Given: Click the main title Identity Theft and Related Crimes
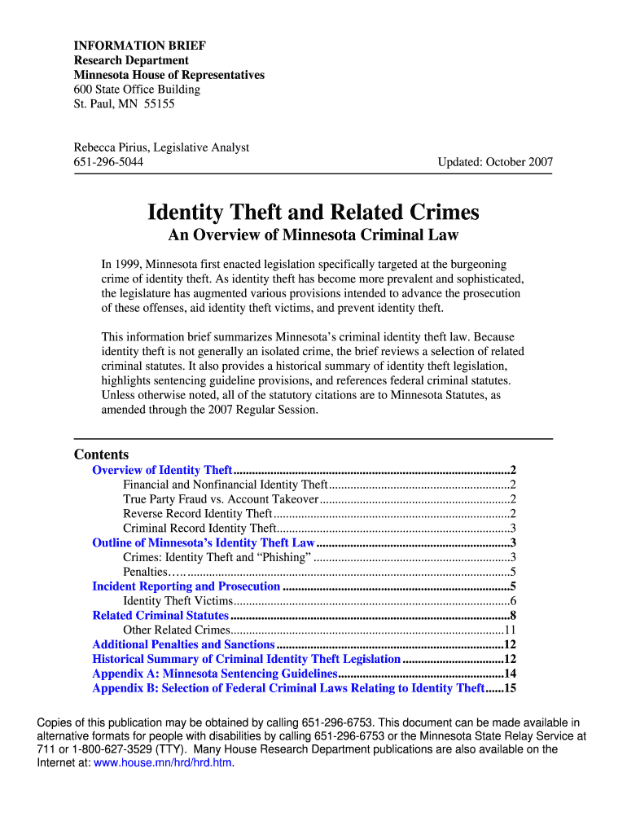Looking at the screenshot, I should click(313, 213).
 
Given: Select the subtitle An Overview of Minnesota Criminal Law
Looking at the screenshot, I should click(313, 235).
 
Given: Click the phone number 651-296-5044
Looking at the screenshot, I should click(109, 162).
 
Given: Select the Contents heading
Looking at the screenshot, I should click(101, 454).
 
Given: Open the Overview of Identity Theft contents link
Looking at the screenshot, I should click(163, 470).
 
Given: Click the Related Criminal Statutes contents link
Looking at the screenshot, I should click(160, 616).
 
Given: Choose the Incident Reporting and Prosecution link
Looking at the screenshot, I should click(186, 586).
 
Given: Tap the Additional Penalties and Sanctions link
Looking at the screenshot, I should click(183, 645).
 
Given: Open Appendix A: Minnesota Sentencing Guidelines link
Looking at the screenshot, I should click(215, 674).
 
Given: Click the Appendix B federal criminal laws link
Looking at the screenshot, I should click(288, 688).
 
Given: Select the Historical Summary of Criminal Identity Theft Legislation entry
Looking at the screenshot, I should click(247, 660).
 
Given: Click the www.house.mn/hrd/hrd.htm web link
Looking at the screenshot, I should click(164, 763).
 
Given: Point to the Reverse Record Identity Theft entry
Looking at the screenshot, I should click(198, 514).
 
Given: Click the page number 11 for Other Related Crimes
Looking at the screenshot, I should click(511, 630).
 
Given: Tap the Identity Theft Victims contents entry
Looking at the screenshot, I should click(178, 601).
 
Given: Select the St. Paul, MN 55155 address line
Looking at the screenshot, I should click(125, 104).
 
